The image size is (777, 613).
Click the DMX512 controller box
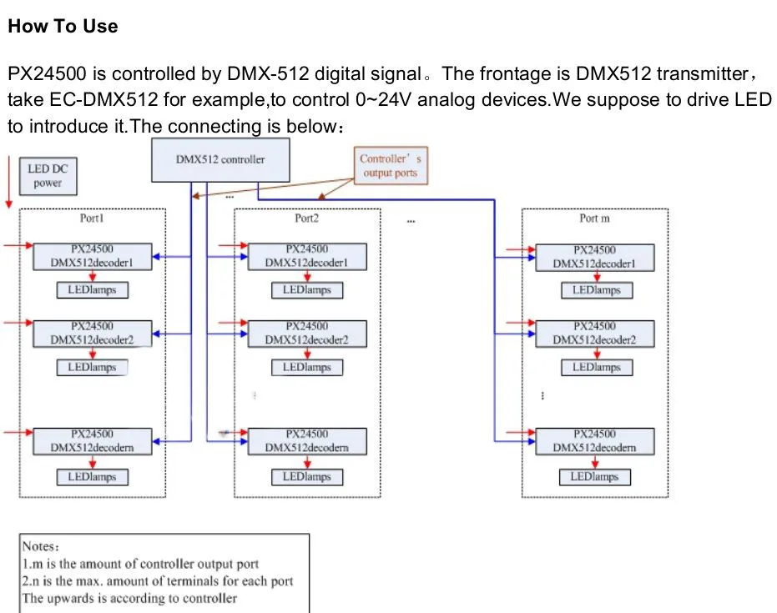pos(220,160)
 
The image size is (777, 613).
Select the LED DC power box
pos(48,176)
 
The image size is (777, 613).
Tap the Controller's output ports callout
pos(391,166)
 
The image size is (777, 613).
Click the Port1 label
pos(92,219)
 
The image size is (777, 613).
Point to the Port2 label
pos(307,219)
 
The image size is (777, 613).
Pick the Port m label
pos(594,219)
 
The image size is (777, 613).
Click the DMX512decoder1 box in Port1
pos(93,257)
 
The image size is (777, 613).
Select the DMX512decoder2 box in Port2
pos(307,334)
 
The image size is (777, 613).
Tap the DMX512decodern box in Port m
pos(594,441)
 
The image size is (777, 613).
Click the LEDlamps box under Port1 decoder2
pos(92,368)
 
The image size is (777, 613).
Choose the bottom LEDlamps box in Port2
pos(307,477)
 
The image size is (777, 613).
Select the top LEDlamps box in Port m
pos(597,290)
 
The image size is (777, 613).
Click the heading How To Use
pos(63,26)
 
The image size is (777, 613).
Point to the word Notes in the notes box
pos(38,546)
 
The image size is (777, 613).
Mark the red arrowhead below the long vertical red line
pos(9,204)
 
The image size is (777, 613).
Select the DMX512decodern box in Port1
pos(93,441)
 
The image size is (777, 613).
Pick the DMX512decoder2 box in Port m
pos(594,334)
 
